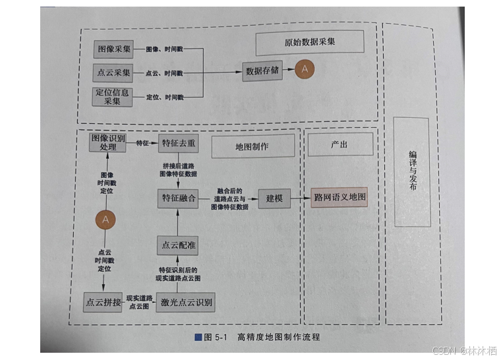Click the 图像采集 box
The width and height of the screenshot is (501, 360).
click(x=113, y=49)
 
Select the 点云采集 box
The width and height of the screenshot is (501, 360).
click(x=113, y=72)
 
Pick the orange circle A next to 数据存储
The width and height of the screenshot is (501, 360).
click(x=304, y=69)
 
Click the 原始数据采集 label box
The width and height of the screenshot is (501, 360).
click(x=309, y=43)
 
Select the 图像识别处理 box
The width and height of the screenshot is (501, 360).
click(x=107, y=142)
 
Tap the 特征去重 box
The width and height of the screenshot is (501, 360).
click(x=178, y=142)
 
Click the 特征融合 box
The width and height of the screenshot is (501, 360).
click(x=178, y=198)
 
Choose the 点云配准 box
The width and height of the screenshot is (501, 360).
click(x=177, y=245)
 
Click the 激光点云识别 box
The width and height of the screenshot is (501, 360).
click(x=187, y=303)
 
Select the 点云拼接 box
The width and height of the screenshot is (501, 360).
click(x=103, y=303)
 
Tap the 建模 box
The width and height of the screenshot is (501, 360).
click(x=274, y=198)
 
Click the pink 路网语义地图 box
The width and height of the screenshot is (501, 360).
click(x=339, y=198)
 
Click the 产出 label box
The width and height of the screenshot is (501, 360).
click(x=339, y=144)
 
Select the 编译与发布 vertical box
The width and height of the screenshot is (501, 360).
click(x=411, y=172)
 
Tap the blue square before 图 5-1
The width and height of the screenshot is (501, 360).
click(x=198, y=338)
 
